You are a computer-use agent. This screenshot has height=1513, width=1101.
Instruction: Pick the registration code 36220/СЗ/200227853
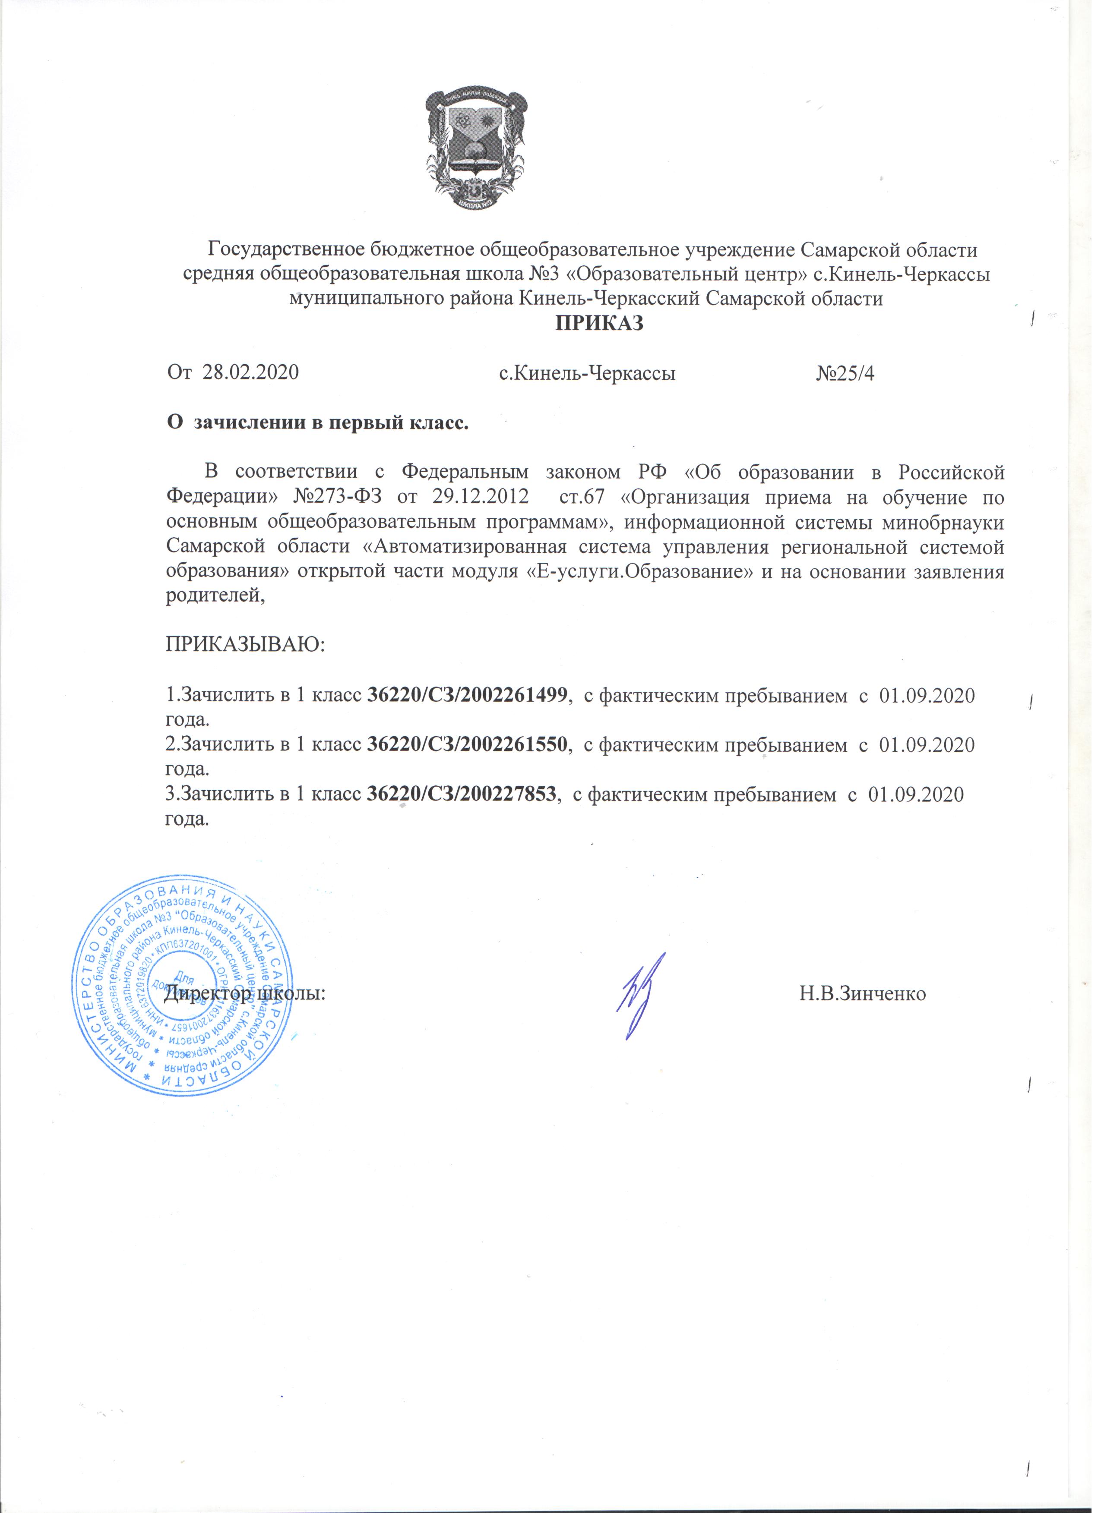[x=463, y=794]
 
